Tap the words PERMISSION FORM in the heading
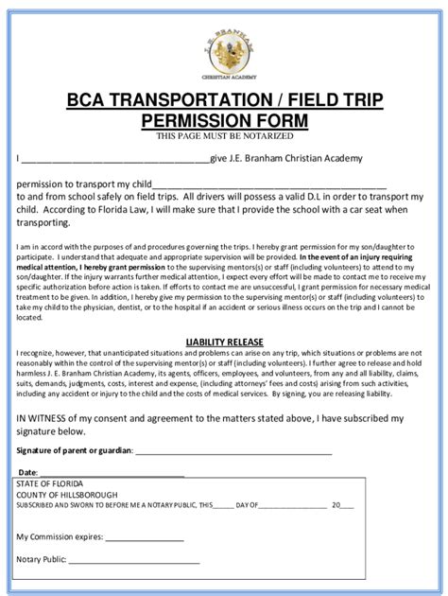click(x=224, y=121)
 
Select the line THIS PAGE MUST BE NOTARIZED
click(x=224, y=136)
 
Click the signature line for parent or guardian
click(x=236, y=451)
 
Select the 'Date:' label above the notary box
click(x=27, y=471)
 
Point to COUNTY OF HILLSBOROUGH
click(x=71, y=495)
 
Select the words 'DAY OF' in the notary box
click(x=247, y=506)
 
